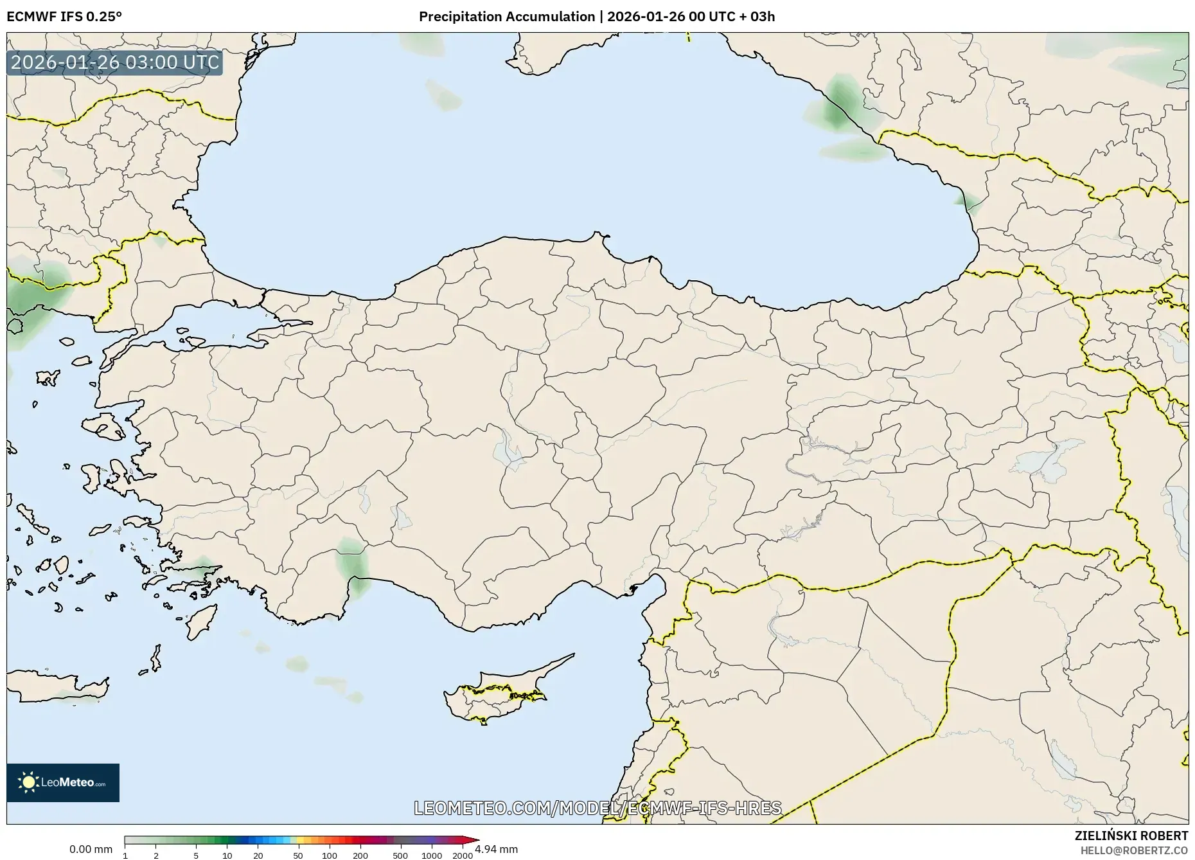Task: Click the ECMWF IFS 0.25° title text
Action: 64,16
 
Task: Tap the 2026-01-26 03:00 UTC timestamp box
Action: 115,63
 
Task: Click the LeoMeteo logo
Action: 63,782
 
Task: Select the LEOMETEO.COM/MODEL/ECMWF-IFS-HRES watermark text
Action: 597,807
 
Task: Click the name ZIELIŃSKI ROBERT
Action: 1131,836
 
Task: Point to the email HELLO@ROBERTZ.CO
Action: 1133,850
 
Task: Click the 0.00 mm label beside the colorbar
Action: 91,849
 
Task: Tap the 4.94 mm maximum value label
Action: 496,849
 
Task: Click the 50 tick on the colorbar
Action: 298,855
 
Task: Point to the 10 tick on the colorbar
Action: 227,855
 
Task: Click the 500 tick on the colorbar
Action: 400,855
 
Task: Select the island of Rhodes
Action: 200,620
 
